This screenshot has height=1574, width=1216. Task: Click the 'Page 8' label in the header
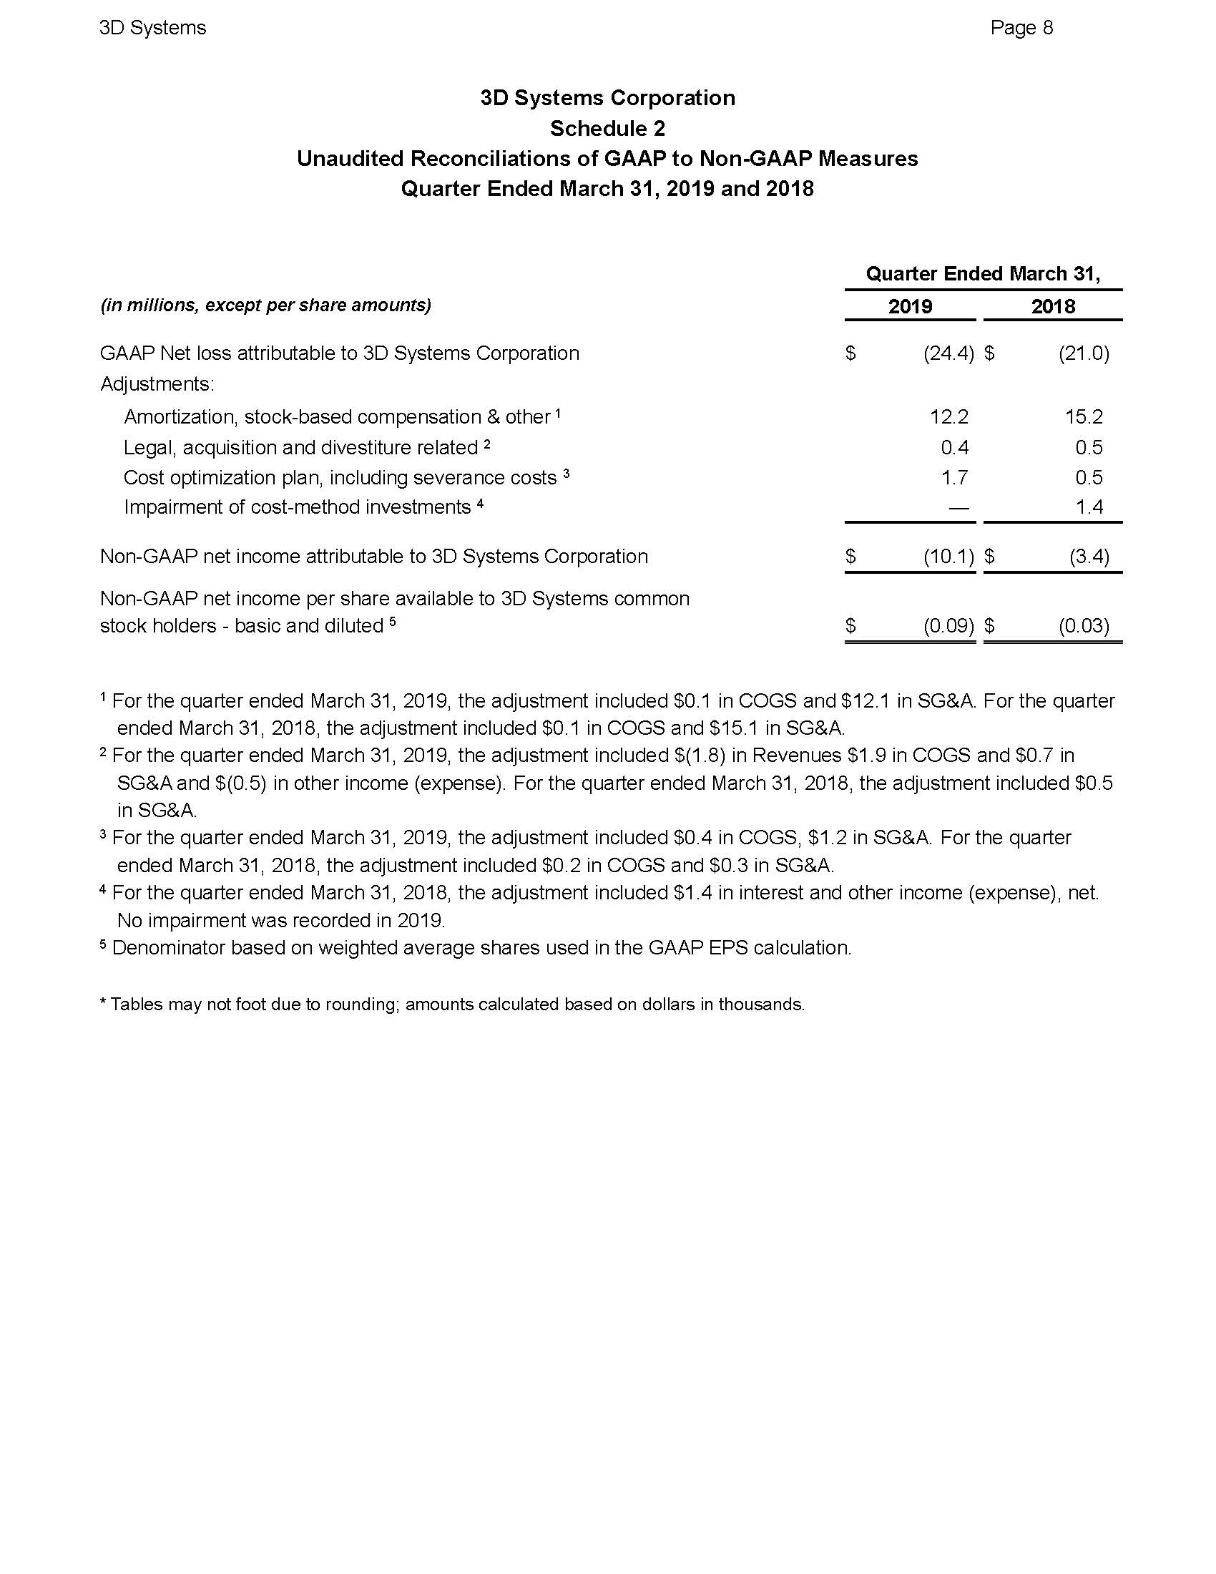pyautogui.click(x=1021, y=28)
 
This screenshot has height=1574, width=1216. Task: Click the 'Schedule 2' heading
pyautogui.click(x=607, y=128)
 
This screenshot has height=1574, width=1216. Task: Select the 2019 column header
pyautogui.click(x=910, y=306)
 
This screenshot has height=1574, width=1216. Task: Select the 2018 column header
pyautogui.click(x=1052, y=306)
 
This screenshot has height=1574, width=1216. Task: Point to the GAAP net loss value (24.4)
pyautogui.click(x=948, y=353)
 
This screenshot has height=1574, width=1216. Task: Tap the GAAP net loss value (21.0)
pyautogui.click(x=1084, y=353)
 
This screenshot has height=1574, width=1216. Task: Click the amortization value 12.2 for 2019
pyautogui.click(x=948, y=416)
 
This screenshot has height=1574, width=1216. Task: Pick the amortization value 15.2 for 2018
pyautogui.click(x=1084, y=416)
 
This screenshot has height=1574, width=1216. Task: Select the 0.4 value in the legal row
pyautogui.click(x=954, y=448)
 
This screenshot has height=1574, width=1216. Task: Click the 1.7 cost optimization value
pyautogui.click(x=954, y=477)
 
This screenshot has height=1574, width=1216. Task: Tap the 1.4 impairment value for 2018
pyautogui.click(x=1089, y=507)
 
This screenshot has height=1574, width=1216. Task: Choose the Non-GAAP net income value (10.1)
pyautogui.click(x=948, y=557)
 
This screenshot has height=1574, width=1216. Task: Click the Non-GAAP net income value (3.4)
pyautogui.click(x=1089, y=557)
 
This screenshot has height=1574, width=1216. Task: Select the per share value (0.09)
pyautogui.click(x=948, y=625)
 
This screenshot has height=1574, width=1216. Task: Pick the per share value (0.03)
pyautogui.click(x=1084, y=625)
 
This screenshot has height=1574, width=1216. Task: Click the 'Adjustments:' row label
pyautogui.click(x=157, y=384)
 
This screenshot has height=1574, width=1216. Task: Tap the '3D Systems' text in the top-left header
pyautogui.click(x=153, y=28)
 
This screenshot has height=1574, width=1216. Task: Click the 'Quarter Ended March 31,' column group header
pyautogui.click(x=983, y=274)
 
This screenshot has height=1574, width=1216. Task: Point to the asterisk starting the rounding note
pyautogui.click(x=103, y=1002)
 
